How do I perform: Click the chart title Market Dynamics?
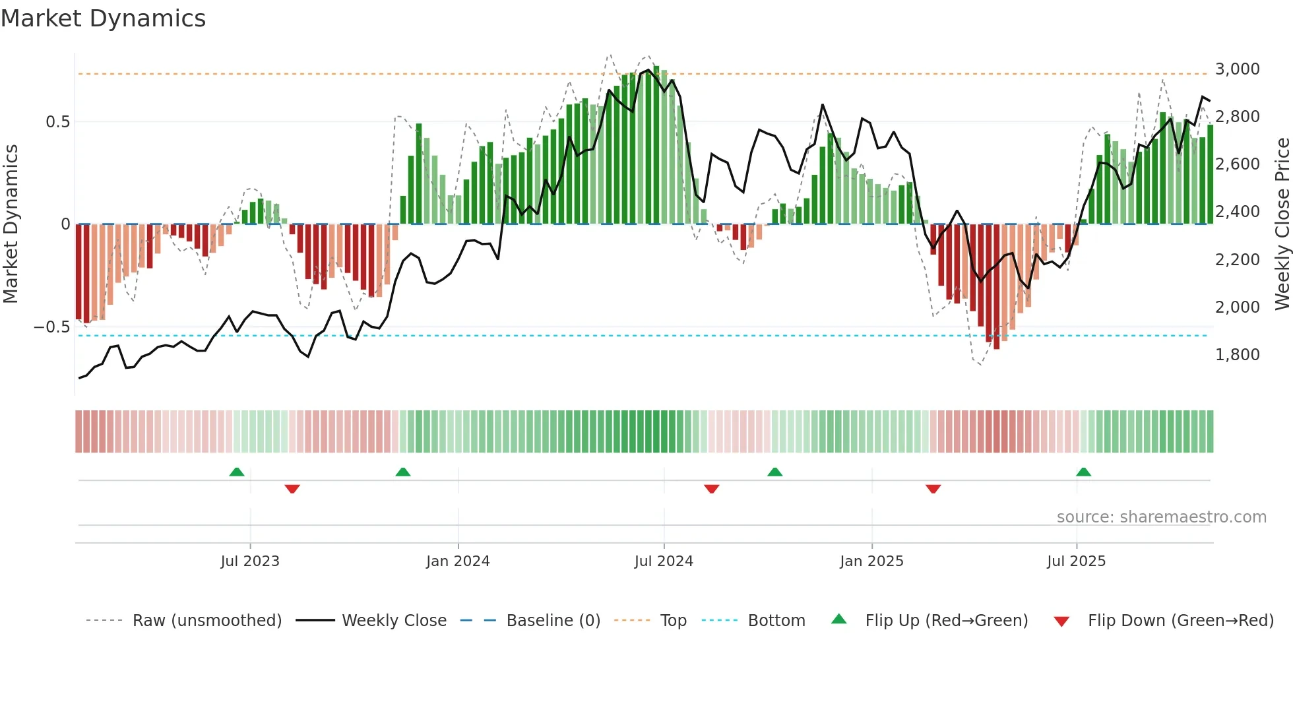click(x=103, y=18)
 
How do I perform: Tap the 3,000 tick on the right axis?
click(x=1237, y=69)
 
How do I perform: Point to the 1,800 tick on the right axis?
click(x=1237, y=355)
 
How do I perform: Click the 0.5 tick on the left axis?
click(x=57, y=122)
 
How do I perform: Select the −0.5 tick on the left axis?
click(x=51, y=327)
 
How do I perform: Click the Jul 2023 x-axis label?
click(x=250, y=561)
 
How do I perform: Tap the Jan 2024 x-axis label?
click(x=458, y=561)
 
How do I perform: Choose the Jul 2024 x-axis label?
click(x=664, y=561)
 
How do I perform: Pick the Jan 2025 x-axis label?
click(x=871, y=561)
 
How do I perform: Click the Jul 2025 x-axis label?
click(x=1076, y=561)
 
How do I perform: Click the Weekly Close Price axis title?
click(x=1282, y=224)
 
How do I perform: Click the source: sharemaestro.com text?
click(x=1161, y=517)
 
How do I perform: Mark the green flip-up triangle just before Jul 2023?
click(x=237, y=472)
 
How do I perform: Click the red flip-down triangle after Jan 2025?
click(x=933, y=489)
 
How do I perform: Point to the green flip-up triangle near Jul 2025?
click(x=1083, y=472)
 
